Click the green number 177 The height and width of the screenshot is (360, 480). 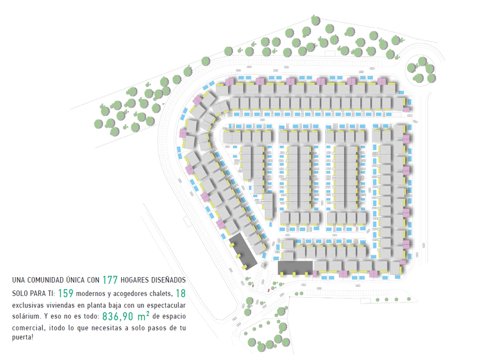110,280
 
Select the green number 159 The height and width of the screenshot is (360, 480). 66,293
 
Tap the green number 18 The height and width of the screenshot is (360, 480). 181,293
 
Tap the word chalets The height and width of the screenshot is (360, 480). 159,293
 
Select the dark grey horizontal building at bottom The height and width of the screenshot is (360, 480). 295,267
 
